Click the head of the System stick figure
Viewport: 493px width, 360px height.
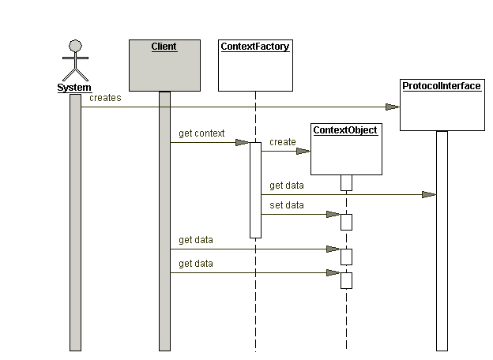[75, 45]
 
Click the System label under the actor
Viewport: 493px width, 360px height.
[74, 88]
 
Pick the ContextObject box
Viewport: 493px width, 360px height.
[345, 148]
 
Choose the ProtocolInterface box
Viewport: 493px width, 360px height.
[441, 105]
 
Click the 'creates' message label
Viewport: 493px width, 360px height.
[105, 98]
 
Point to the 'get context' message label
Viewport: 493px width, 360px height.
[201, 133]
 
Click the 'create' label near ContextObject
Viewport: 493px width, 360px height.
[282, 142]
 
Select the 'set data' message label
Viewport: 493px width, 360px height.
[286, 204]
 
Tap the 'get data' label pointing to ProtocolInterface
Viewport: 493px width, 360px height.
[286, 186]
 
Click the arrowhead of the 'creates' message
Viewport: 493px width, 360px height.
[393, 107]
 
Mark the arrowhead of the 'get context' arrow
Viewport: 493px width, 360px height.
[243, 143]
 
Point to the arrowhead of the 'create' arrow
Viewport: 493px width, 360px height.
[303, 151]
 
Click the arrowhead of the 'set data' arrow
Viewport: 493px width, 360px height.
[333, 214]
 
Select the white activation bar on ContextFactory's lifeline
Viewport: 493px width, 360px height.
[255, 189]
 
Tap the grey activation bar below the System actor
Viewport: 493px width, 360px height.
[75, 221]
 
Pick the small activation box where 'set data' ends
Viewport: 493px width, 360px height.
[346, 221]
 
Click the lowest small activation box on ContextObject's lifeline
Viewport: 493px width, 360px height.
[346, 280]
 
